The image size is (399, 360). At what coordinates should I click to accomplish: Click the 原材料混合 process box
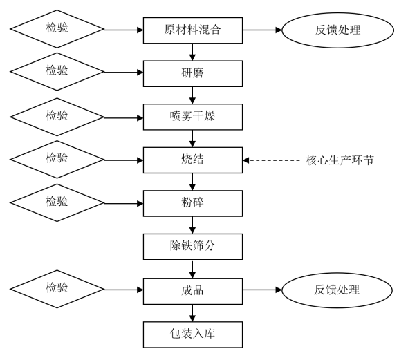[x=193, y=30]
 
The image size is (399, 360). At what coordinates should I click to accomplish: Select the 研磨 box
[x=193, y=73]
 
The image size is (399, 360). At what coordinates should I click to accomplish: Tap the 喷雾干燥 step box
[x=193, y=117]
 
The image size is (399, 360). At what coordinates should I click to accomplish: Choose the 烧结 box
[x=193, y=160]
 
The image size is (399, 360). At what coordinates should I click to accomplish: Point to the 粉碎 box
[x=193, y=203]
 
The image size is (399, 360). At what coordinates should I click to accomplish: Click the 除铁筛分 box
[x=193, y=247]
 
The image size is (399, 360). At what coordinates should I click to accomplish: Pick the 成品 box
[x=193, y=292]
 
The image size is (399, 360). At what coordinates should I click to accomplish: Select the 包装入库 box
[x=193, y=334]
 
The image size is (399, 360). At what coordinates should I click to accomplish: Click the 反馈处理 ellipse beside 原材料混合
[x=337, y=30]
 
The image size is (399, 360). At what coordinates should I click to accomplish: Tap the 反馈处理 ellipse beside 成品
[x=337, y=290]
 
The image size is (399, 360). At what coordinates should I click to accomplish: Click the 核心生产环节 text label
[x=340, y=160]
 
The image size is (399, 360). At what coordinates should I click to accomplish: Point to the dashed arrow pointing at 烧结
[x=271, y=160]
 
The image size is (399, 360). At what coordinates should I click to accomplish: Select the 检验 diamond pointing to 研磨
[x=57, y=72]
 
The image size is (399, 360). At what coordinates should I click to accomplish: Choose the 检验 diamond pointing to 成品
[x=57, y=289]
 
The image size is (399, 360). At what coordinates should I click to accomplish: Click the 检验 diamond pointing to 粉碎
[x=57, y=202]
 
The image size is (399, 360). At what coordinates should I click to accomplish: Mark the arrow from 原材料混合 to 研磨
[x=193, y=52]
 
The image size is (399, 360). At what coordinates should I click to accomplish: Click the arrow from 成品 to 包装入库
[x=193, y=313]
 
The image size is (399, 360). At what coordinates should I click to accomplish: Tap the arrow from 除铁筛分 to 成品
[x=193, y=269]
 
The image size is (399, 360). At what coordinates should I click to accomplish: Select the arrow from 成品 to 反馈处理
[x=262, y=290]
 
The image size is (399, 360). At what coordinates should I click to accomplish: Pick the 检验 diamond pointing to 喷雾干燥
[x=57, y=117]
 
